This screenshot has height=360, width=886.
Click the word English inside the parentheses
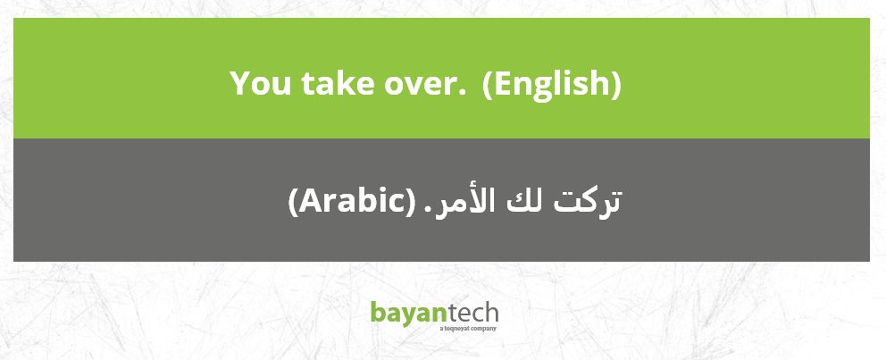[x=551, y=84]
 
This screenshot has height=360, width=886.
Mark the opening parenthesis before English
[x=487, y=84]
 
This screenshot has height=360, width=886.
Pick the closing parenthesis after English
[x=615, y=84]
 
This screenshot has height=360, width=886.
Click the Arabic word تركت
[x=587, y=201]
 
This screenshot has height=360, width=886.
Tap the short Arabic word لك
[x=525, y=202]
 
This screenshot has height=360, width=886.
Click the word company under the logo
[x=485, y=329]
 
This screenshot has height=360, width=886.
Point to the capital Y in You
[x=241, y=83]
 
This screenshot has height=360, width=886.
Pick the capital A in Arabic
[x=310, y=201]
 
